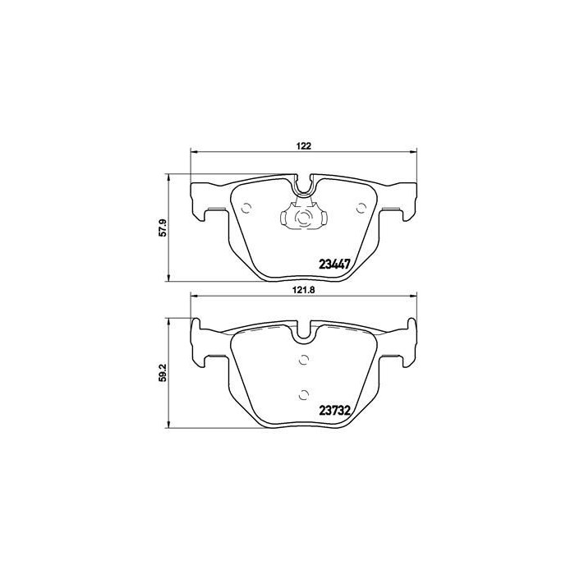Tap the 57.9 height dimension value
163,227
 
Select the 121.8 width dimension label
303,290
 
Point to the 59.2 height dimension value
163,372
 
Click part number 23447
335,264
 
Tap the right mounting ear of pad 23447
402,201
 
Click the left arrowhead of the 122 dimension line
194,152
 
